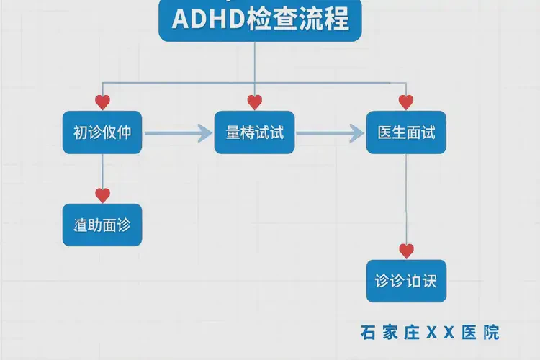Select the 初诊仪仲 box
102,132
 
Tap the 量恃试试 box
254,132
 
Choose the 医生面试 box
406,132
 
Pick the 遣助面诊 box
102,225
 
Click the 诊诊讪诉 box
406,280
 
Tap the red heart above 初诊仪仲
102,102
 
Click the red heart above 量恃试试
254,102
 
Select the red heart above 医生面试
406,102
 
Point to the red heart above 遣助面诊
102,194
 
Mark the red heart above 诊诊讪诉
406,251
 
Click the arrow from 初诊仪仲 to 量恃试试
178,132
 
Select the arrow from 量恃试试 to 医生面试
330,132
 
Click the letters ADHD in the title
202,19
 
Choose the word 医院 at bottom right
481,332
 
